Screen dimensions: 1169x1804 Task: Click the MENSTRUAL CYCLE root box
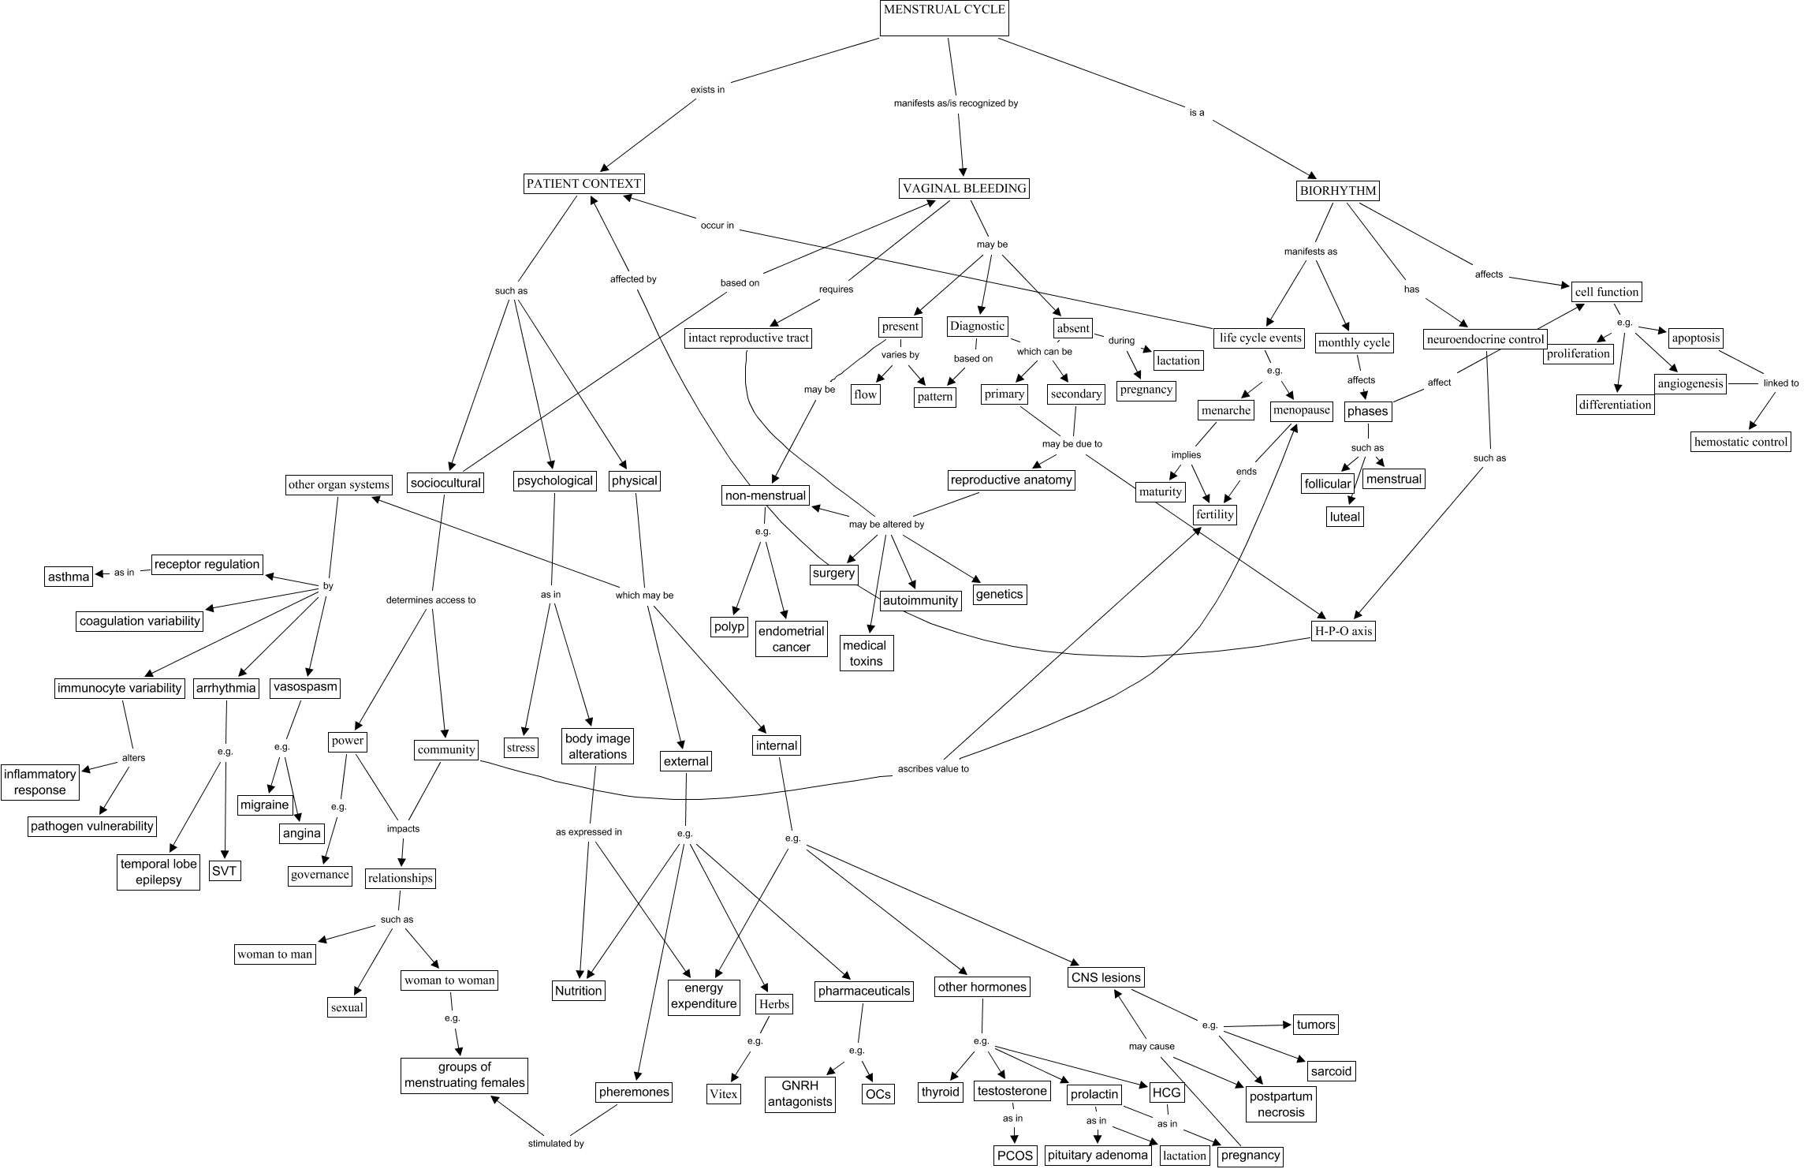point(944,18)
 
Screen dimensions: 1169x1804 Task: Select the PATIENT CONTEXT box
point(583,184)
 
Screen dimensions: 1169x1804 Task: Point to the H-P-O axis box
point(1342,630)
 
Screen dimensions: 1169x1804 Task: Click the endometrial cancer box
point(791,639)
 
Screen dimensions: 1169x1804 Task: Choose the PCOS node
point(1014,1156)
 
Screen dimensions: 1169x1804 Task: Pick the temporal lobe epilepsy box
point(158,872)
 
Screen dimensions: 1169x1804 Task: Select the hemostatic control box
point(1741,442)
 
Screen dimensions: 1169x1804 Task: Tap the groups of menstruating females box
point(464,1075)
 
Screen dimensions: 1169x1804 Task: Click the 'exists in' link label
point(707,90)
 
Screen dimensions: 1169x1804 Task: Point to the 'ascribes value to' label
point(934,768)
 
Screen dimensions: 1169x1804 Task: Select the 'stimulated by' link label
point(557,1143)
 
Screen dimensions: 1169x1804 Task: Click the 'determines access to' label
point(430,599)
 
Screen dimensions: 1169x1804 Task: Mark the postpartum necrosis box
point(1281,1104)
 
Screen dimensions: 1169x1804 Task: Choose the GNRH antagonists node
point(799,1094)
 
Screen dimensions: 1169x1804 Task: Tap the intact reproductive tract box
point(748,338)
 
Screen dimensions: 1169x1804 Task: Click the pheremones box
point(634,1092)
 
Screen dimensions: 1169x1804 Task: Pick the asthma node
point(69,577)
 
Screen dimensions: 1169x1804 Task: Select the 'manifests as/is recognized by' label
point(956,103)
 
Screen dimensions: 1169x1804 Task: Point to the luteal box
point(1345,517)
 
